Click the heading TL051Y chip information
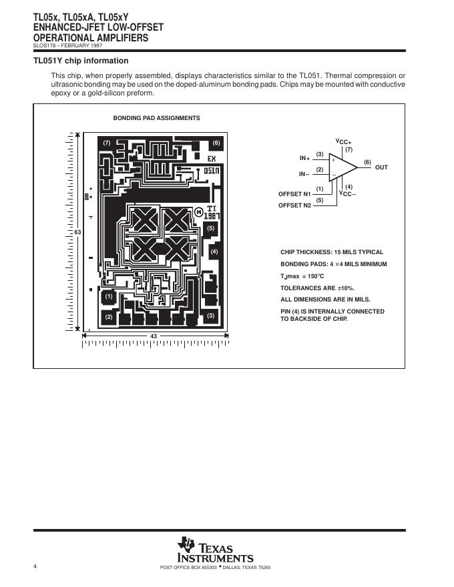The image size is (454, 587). coord(81,61)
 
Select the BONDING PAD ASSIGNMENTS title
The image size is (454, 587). coord(156,118)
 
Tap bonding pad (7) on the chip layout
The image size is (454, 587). coord(107,143)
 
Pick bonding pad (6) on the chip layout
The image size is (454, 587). coord(216,143)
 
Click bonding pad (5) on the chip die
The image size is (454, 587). coord(211,229)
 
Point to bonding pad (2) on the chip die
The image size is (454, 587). coord(109,317)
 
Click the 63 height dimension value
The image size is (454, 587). coord(77,231)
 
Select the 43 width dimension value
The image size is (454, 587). coord(154,336)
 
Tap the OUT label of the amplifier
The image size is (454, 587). coord(381,167)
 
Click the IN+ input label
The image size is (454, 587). coord(304,158)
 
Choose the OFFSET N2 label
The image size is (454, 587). coord(294,205)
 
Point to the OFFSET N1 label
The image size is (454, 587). coord(294,193)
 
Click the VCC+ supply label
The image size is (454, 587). coord(343,141)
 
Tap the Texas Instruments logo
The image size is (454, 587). coord(215,549)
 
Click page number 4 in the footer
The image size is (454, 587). coord(35,566)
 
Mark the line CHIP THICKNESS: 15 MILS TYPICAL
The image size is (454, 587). coord(332,252)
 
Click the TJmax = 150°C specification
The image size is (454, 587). coord(302,276)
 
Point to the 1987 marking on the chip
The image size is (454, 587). coord(214,216)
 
